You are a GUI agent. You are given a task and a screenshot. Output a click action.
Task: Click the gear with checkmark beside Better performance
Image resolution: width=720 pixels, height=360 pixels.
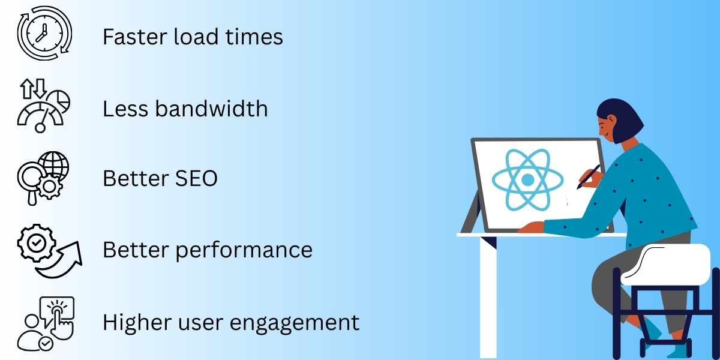(x=35, y=243)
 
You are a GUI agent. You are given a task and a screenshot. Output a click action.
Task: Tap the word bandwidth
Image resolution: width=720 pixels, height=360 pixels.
(x=212, y=109)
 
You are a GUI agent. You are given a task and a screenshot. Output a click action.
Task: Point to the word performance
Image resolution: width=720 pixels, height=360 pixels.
(x=244, y=250)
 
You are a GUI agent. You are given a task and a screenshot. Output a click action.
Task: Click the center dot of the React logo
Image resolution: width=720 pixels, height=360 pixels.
(x=527, y=179)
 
